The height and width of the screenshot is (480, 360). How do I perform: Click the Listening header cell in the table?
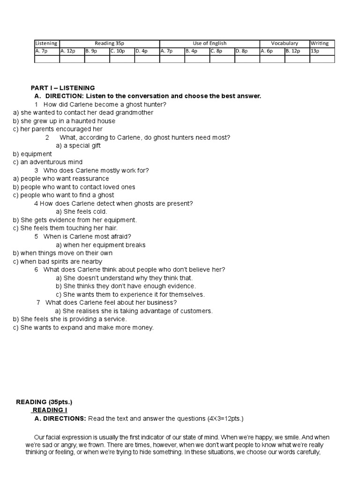[46, 43]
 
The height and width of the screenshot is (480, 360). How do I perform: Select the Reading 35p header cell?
[110, 43]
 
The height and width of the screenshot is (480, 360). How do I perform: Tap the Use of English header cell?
[210, 43]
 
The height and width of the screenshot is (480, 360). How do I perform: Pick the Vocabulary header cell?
[285, 43]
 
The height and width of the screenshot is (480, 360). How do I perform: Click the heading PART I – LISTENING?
[63, 88]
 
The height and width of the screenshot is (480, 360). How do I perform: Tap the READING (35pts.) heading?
[44, 402]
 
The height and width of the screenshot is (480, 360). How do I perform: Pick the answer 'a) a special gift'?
[78, 145]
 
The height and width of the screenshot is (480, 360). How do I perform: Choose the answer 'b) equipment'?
[32, 154]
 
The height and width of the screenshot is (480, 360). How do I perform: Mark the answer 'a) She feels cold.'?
[82, 211]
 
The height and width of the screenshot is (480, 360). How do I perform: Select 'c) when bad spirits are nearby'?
[57, 262]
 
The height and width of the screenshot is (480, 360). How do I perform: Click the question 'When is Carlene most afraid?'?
[87, 236]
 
